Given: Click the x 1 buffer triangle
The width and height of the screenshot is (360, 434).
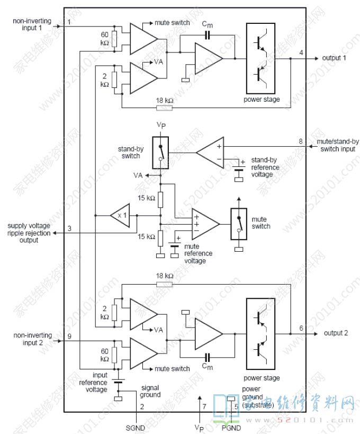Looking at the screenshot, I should (120, 216).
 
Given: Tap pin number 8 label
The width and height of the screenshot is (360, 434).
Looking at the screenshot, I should (301, 141).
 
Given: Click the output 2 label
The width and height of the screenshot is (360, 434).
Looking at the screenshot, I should (336, 333).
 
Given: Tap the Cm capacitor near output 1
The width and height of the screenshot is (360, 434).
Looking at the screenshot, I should (207, 36).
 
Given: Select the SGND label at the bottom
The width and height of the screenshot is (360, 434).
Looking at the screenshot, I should (135, 427).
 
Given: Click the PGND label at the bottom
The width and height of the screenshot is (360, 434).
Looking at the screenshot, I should (231, 427).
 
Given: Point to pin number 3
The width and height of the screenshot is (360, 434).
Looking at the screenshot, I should (69, 229).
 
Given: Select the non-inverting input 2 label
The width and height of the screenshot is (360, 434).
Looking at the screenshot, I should (33, 339).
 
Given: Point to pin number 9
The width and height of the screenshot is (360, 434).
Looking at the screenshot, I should (69, 336).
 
